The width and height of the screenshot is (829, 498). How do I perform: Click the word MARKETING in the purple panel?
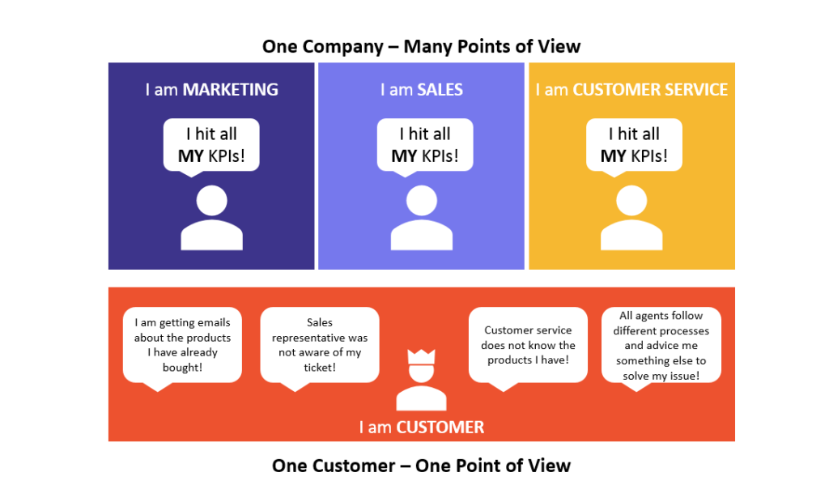pyautogui.click(x=231, y=89)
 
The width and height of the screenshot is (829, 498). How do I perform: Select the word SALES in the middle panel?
pyautogui.click(x=440, y=89)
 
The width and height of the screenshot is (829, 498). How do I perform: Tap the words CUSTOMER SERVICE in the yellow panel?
pyautogui.click(x=650, y=89)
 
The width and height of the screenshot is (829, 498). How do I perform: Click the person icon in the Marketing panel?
pyautogui.click(x=211, y=217)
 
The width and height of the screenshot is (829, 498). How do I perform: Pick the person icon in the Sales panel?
pyautogui.click(x=421, y=217)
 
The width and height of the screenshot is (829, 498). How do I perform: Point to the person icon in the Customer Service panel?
pyautogui.click(x=631, y=217)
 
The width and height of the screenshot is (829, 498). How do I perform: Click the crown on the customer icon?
pyautogui.click(x=421, y=357)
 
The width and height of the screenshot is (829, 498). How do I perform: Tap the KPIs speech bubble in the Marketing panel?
pyautogui.click(x=211, y=147)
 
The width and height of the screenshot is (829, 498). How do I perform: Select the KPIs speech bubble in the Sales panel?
pyautogui.click(x=425, y=147)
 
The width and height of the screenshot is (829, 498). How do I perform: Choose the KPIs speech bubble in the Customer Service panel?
pyautogui.click(x=634, y=147)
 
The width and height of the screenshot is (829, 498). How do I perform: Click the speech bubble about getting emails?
pyautogui.click(x=182, y=347)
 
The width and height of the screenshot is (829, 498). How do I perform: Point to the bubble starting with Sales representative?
pyautogui.click(x=320, y=347)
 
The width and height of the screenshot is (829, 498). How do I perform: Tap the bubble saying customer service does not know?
pyautogui.click(x=528, y=347)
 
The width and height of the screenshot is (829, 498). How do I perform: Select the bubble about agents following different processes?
pyautogui.click(x=661, y=347)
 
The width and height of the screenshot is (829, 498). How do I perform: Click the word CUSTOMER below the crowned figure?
pyautogui.click(x=440, y=428)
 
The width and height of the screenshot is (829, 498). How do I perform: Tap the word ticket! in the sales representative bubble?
pyautogui.click(x=320, y=368)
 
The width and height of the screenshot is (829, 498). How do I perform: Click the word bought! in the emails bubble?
pyautogui.click(x=182, y=368)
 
